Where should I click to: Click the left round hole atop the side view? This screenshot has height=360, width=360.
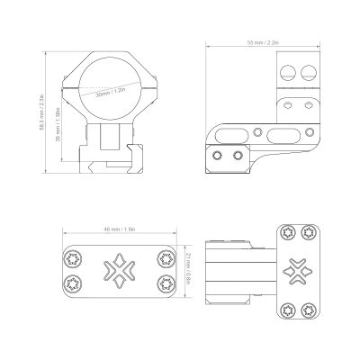290,73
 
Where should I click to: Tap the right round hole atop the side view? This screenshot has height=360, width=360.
310,73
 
